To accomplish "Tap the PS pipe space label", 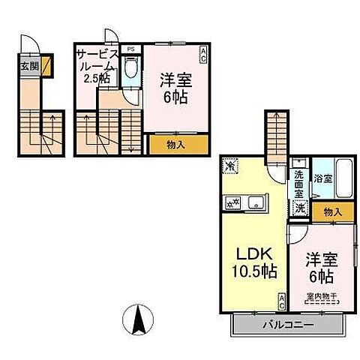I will (131, 49).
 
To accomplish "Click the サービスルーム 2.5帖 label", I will (97, 65).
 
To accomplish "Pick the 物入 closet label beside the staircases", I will (172, 144).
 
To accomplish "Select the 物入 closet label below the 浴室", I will (331, 211).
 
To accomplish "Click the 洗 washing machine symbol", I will (300, 208).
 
